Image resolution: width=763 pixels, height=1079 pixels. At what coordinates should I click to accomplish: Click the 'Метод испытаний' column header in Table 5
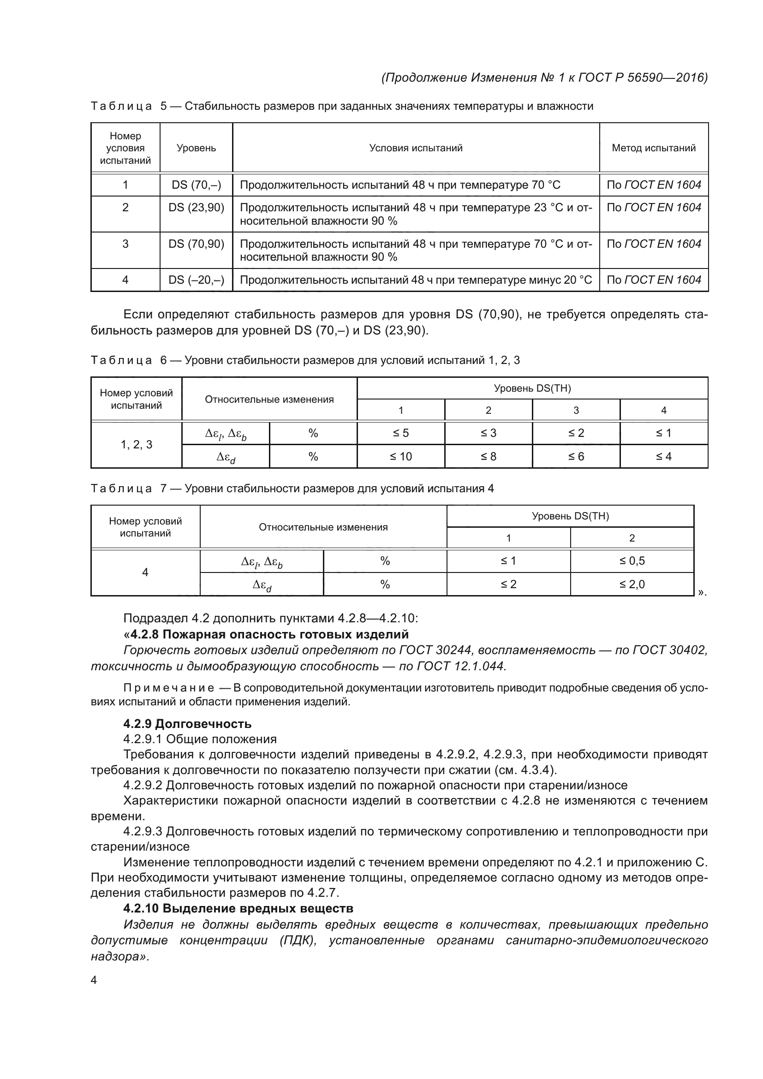(x=653, y=148)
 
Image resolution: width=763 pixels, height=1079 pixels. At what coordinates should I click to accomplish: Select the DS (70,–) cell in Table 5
(x=196, y=185)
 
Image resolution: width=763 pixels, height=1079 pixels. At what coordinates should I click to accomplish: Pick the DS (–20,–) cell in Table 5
(x=196, y=280)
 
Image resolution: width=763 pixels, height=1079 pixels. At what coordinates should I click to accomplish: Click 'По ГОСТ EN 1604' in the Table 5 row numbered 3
(x=653, y=244)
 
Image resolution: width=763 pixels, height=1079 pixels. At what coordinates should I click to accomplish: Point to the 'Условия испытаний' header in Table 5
(x=415, y=148)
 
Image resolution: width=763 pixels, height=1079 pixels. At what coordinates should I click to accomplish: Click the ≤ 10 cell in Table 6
(x=400, y=456)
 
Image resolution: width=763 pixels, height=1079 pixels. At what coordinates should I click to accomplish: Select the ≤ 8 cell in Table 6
(x=488, y=456)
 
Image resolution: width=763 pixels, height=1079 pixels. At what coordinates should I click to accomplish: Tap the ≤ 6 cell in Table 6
(x=576, y=456)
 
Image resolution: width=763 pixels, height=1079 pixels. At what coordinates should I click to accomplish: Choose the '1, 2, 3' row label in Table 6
(x=136, y=445)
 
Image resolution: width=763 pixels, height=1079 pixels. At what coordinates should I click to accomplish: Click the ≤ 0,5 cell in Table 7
(x=632, y=560)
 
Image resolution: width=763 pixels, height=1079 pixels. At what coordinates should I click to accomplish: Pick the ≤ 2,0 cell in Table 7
(x=632, y=584)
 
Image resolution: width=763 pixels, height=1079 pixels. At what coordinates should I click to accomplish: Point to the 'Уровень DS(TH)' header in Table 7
(x=570, y=516)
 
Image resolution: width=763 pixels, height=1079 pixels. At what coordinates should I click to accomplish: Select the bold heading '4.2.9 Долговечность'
(x=187, y=724)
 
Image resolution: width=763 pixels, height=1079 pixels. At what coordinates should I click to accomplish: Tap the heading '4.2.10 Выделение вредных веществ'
(x=238, y=908)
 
